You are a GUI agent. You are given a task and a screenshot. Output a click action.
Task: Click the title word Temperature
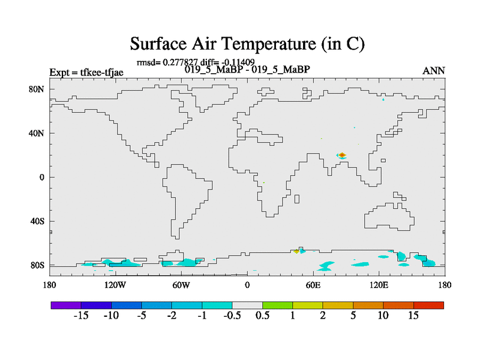(x=268, y=43)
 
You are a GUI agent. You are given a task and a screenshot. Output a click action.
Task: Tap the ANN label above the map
(x=433, y=71)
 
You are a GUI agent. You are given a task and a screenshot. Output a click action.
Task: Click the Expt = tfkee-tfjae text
(x=86, y=72)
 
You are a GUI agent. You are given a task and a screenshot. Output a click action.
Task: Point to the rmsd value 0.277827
(x=180, y=62)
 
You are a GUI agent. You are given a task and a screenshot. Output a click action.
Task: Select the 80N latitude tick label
(x=37, y=89)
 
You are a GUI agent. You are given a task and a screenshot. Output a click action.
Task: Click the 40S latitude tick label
(x=37, y=221)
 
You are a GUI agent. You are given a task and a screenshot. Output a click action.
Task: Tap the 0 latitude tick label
(x=41, y=177)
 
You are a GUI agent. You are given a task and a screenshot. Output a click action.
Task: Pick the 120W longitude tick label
(x=115, y=285)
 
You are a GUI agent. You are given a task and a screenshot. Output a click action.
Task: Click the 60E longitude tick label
(x=313, y=285)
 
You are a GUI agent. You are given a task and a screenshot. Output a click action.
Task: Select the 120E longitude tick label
(x=379, y=285)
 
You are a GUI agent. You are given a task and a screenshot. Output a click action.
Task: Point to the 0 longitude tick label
(x=247, y=285)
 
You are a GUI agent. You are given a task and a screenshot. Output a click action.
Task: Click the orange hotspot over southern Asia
(x=342, y=155)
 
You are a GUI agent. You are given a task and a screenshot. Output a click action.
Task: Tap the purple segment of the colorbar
(x=66, y=305)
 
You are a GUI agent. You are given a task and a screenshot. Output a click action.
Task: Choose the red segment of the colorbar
(x=428, y=305)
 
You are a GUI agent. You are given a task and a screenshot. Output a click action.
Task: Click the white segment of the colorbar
(x=247, y=305)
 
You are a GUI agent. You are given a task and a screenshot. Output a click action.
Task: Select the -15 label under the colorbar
(x=81, y=316)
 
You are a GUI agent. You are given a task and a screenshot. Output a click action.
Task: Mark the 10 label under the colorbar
(x=383, y=316)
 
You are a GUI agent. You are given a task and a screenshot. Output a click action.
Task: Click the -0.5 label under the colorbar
(x=232, y=316)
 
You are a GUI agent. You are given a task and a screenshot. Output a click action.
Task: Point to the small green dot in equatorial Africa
(x=263, y=183)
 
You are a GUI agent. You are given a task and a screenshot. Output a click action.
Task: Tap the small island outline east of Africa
(x=296, y=199)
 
